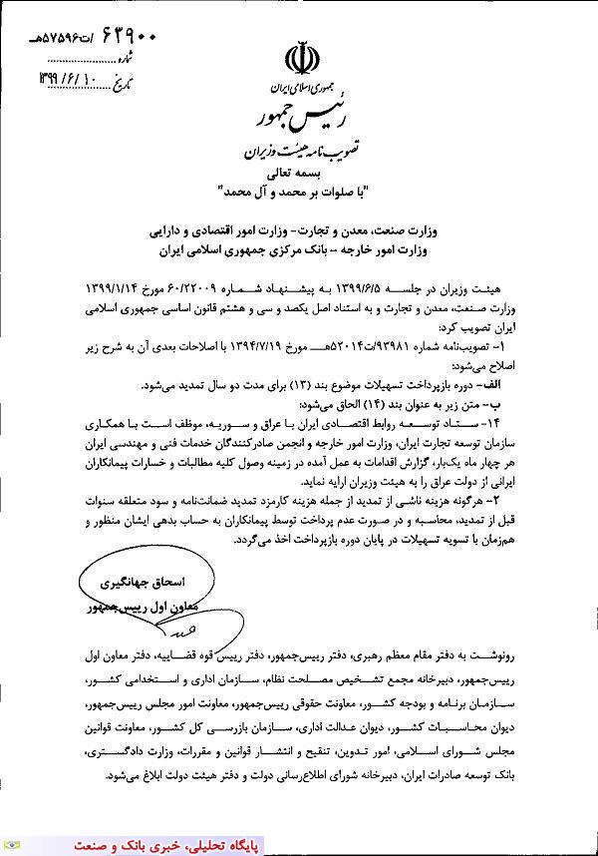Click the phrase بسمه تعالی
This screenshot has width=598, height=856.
coord(299,174)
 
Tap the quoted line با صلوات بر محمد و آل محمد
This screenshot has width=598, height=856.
coord(299,190)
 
